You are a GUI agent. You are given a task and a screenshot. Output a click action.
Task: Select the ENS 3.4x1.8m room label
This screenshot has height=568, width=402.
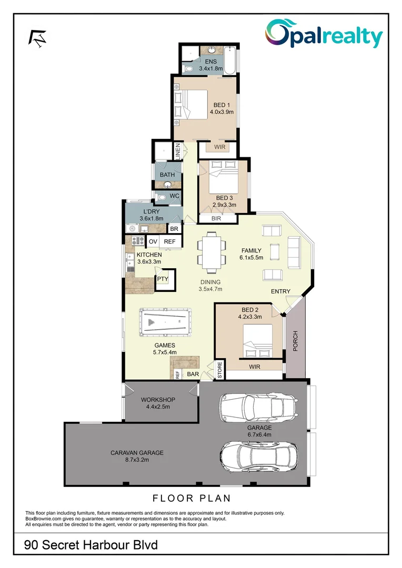coord(210,65)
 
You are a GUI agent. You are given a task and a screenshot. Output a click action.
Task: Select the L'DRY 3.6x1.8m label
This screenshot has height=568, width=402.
coord(151,215)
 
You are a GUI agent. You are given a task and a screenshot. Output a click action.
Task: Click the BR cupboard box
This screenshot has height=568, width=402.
coord(174,229)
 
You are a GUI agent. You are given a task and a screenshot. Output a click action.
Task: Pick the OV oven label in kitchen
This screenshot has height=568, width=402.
coord(153,241)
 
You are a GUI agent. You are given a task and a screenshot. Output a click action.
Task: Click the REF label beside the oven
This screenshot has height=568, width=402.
coord(169,241)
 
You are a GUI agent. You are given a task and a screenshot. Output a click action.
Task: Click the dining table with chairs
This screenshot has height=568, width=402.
coord(209,252)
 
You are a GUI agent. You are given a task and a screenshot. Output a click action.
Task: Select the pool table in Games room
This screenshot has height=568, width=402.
coord(165,322)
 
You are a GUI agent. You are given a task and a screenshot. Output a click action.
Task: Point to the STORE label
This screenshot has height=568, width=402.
coord(220,370)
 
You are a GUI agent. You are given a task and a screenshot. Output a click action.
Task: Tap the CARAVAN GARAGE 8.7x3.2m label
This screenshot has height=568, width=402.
coord(137,455)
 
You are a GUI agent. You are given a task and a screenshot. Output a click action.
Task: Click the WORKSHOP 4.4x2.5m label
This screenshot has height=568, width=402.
coord(158,403)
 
